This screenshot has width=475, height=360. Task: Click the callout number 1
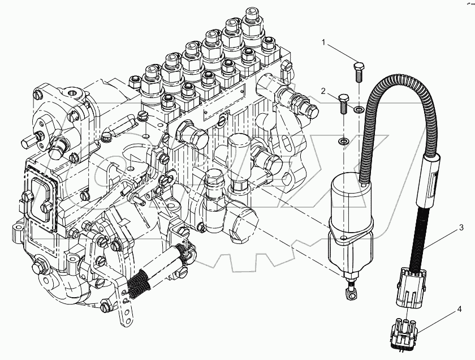coord(325,42)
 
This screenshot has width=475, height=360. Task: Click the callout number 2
coord(322,91)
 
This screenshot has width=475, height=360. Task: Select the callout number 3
coord(461,228)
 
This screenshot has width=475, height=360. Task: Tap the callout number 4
coord(460,309)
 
